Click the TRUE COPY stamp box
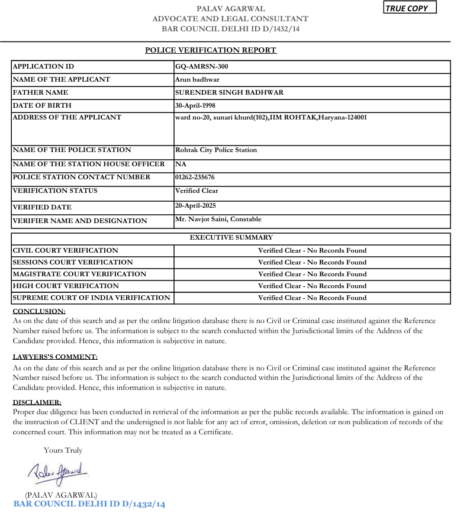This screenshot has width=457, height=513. click(410, 8)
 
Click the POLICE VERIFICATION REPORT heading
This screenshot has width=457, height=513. click(211, 50)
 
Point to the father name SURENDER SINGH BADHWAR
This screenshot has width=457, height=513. click(229, 92)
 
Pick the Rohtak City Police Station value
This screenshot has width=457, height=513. click(216, 150)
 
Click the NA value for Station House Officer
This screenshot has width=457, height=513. click(181, 164)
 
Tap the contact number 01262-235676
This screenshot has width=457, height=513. click(195, 178)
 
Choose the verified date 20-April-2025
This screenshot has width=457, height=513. click(195, 206)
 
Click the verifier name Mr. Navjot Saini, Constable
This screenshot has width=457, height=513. click(218, 220)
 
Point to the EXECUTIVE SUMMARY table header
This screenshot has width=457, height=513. click(231, 238)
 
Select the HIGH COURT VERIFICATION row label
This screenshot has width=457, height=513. click(62, 286)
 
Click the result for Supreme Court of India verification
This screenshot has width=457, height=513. click(312, 298)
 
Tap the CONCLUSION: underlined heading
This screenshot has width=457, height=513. click(39, 311)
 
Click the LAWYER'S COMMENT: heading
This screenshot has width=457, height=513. click(55, 357)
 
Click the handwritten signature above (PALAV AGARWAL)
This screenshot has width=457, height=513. click(57, 472)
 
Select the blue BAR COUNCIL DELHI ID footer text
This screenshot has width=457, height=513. click(89, 504)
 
